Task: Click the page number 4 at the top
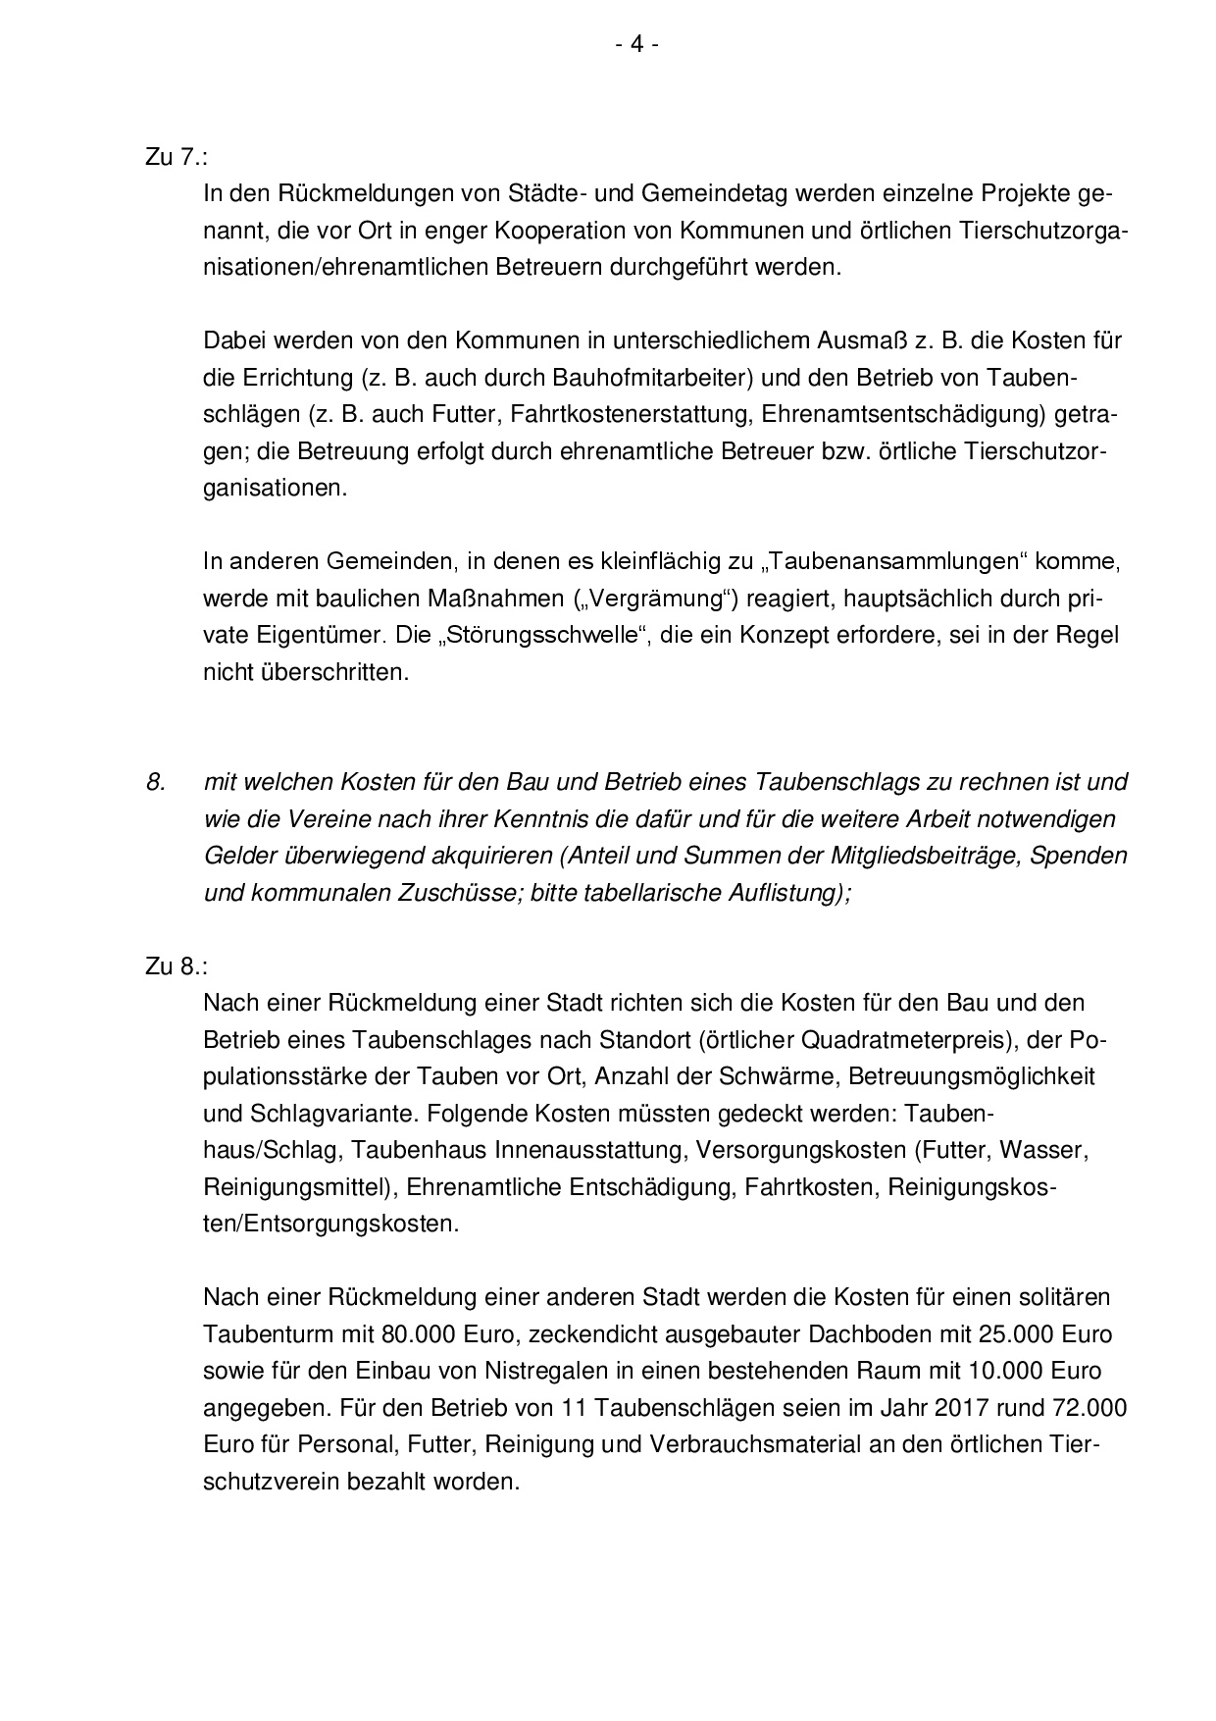click(x=636, y=44)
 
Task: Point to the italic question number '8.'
click(x=156, y=782)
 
